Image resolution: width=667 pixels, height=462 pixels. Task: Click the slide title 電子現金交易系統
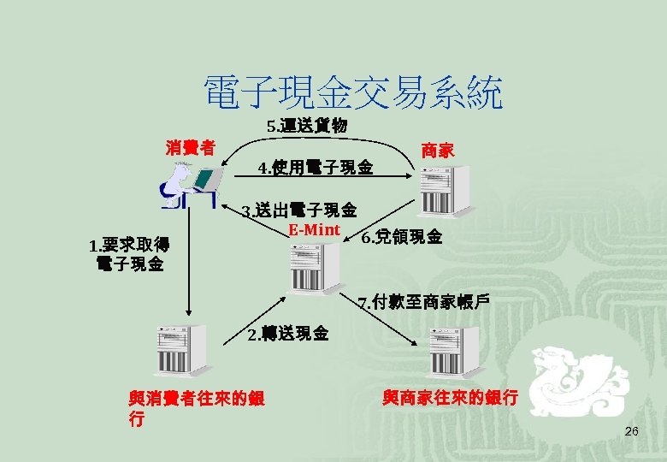pos(351,92)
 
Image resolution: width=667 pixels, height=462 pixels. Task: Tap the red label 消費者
pos(190,146)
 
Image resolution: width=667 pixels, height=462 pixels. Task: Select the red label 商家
pos(437,151)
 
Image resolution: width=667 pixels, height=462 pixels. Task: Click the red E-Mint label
pos(314,229)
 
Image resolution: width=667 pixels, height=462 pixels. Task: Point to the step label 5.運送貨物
pos(306,126)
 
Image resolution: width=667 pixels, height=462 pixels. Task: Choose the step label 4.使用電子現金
pos(316,168)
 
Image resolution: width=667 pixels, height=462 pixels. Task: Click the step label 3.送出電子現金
pos(299,210)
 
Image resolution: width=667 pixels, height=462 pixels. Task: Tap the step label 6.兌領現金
pos(402,237)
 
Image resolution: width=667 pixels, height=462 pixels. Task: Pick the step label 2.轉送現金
pos(287,333)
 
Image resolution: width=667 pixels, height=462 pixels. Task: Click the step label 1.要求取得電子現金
pos(129,254)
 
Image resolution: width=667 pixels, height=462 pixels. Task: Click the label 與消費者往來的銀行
pos(196,408)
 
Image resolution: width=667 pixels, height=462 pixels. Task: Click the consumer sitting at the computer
pos(189,186)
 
